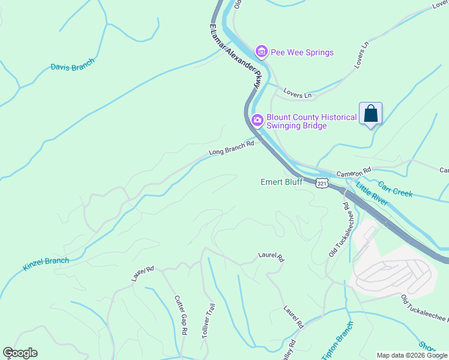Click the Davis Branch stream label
coord(73,67)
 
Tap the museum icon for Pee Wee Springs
coord(261,52)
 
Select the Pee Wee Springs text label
coord(302,52)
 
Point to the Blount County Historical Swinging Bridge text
coord(312,122)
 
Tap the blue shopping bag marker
coord(370,113)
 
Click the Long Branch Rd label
coord(232,148)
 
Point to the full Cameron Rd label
coord(354,172)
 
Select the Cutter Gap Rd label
coord(181,315)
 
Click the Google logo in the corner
coord(20,353)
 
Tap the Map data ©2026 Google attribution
coord(412,355)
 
